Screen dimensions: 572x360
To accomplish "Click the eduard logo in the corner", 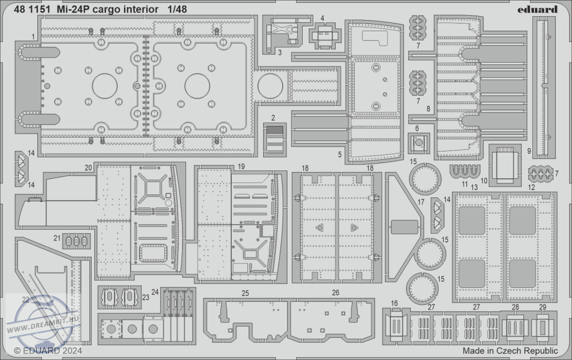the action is pyautogui.click(x=537, y=10).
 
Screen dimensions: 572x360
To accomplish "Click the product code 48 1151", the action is pyautogui.click(x=32, y=10).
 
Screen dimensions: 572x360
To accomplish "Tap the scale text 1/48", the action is pyautogui.click(x=177, y=10).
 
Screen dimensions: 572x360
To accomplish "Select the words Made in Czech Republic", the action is pyautogui.click(x=510, y=351).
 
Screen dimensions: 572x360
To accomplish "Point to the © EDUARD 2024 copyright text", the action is pyautogui.click(x=48, y=351).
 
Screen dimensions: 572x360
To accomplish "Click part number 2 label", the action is pyautogui.click(x=273, y=117).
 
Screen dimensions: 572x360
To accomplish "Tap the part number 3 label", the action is pyautogui.click(x=279, y=53).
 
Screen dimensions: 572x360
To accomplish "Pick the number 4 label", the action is pyautogui.click(x=322, y=18).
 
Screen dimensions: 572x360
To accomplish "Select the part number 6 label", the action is pyautogui.click(x=417, y=129).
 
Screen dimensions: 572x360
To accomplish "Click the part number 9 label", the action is pyautogui.click(x=529, y=151).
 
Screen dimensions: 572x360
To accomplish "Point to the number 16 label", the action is pyautogui.click(x=394, y=304).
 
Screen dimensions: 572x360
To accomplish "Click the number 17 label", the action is pyautogui.click(x=421, y=202).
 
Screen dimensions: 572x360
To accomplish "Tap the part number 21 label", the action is pyautogui.click(x=57, y=238).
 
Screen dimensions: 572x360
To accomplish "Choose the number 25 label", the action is pyautogui.click(x=245, y=293).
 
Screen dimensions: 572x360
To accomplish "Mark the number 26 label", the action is pyautogui.click(x=336, y=292).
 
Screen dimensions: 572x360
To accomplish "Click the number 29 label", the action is pyautogui.click(x=542, y=307).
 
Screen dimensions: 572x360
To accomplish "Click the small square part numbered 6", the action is pyautogui.click(x=419, y=144).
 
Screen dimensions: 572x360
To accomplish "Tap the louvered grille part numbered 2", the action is pyautogui.click(x=275, y=139).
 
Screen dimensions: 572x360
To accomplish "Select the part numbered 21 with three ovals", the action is pyautogui.click(x=77, y=240).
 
